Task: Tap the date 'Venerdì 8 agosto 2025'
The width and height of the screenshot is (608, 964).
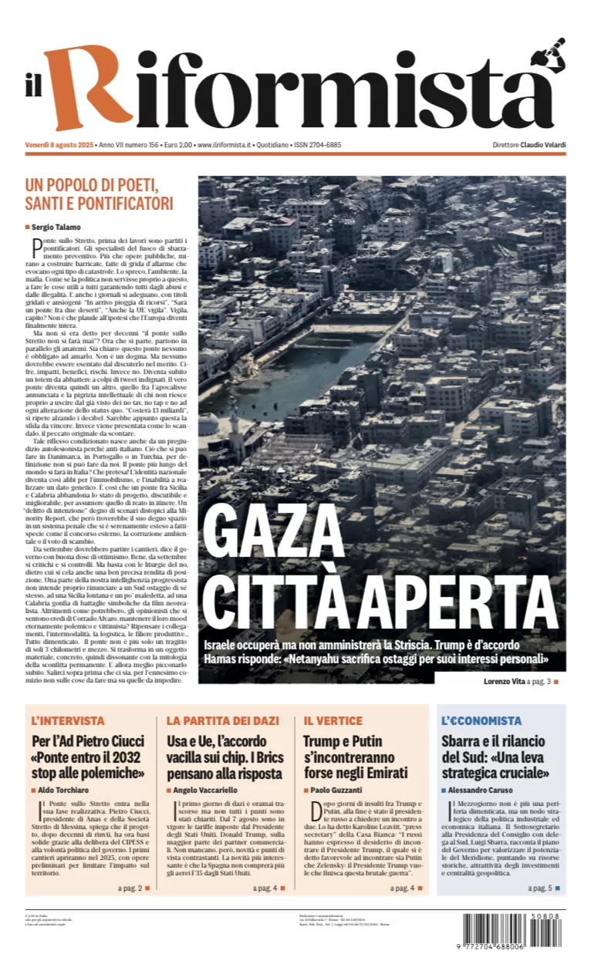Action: tap(59, 145)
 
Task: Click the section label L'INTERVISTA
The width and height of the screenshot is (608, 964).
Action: tap(68, 720)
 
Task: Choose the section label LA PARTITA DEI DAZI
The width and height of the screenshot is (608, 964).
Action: tap(222, 720)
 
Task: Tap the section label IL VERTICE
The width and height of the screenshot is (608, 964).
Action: tap(333, 720)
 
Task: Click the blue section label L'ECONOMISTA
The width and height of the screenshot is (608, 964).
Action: tap(481, 720)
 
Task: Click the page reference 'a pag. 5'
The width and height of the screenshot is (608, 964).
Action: tap(539, 888)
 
